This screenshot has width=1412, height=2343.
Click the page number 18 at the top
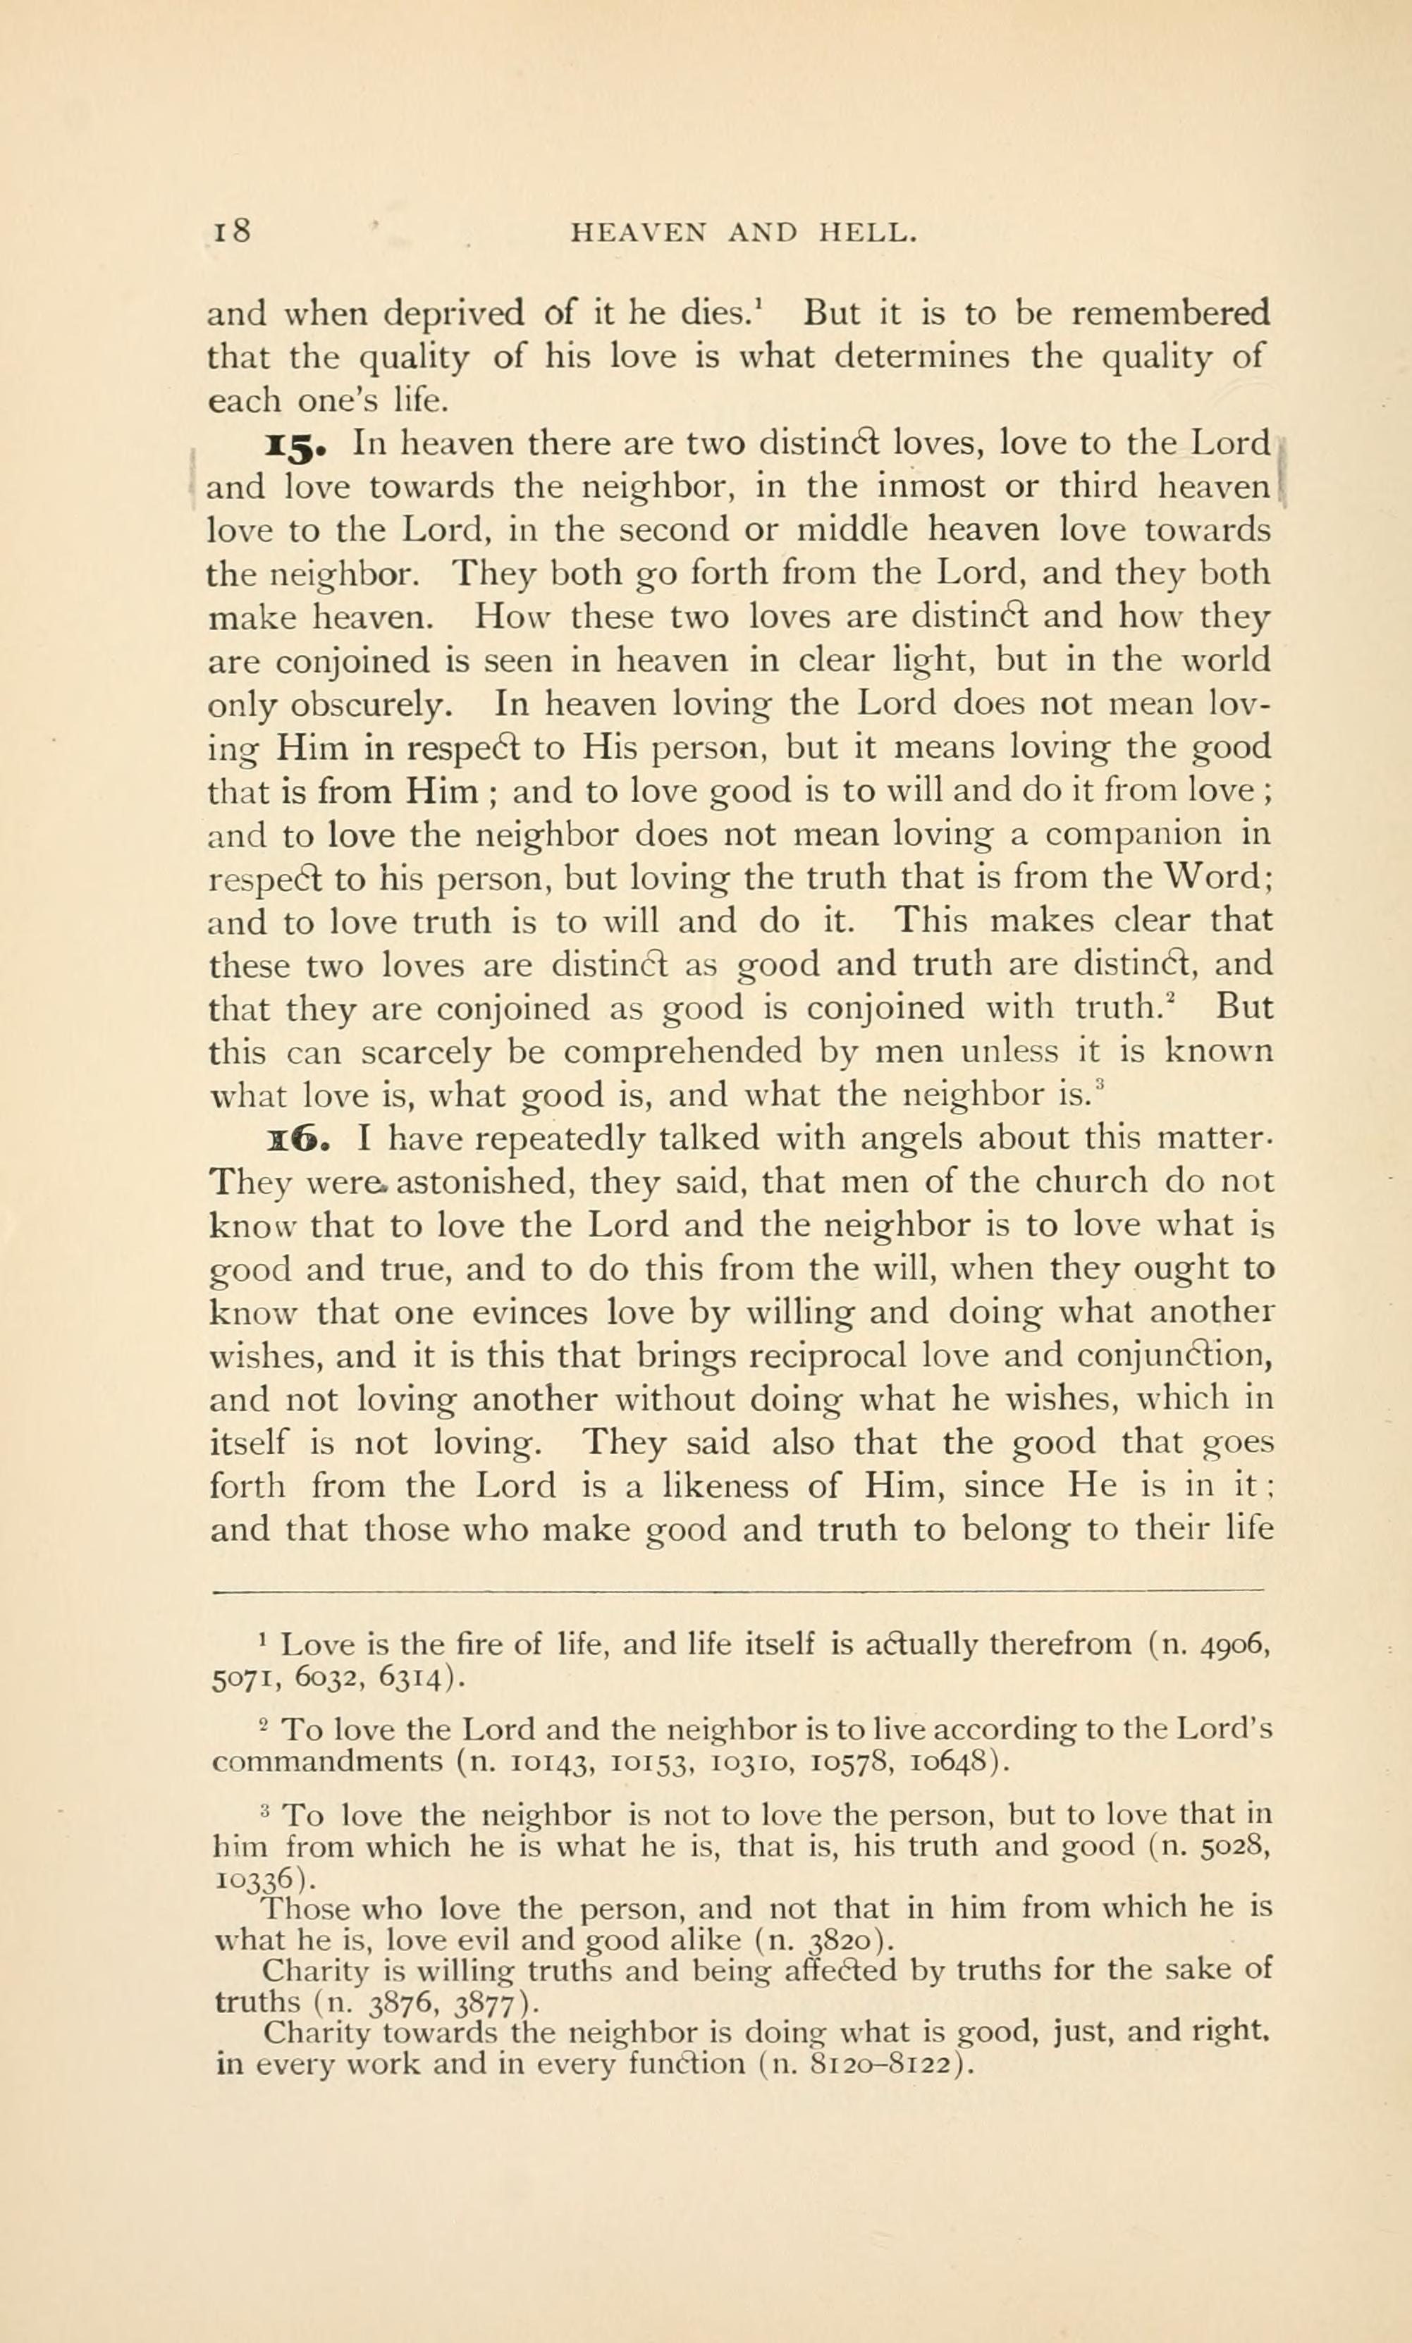pos(228,231)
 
